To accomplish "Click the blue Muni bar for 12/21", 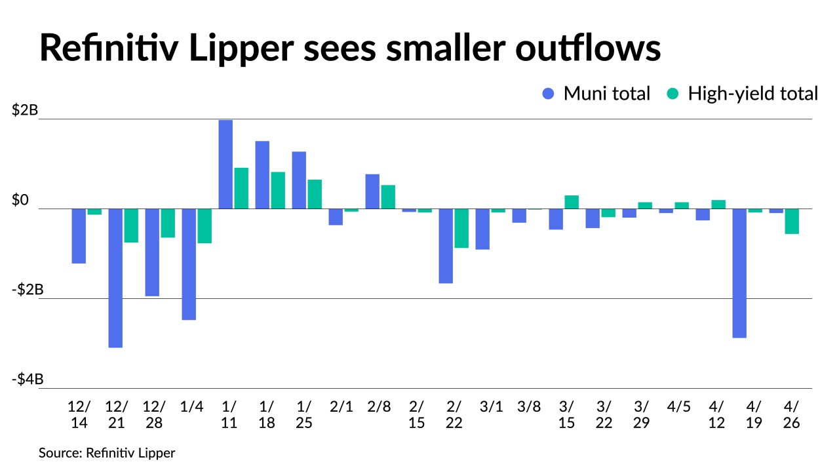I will pyautogui.click(x=115, y=278).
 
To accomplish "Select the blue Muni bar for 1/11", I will pyautogui.click(x=225, y=165).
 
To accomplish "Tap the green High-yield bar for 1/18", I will pyautogui.click(x=278, y=190).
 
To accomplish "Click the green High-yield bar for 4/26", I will pyautogui.click(x=792, y=222).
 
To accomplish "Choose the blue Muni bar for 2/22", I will pyautogui.click(x=446, y=246).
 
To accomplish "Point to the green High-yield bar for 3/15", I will pyautogui.click(x=572, y=202).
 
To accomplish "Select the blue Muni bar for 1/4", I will pyautogui.click(x=189, y=264).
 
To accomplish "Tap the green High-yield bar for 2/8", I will pyautogui.click(x=388, y=197).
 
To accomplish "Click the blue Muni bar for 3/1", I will pyautogui.click(x=482, y=229).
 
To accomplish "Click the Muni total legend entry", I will pyautogui.click(x=596, y=94).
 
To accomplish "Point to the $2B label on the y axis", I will pyautogui.click(x=25, y=111).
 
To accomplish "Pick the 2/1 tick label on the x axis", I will pyautogui.click(x=341, y=406).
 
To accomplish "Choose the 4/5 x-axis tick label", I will pyautogui.click(x=680, y=406).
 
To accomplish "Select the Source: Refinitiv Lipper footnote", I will pyautogui.click(x=107, y=453).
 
